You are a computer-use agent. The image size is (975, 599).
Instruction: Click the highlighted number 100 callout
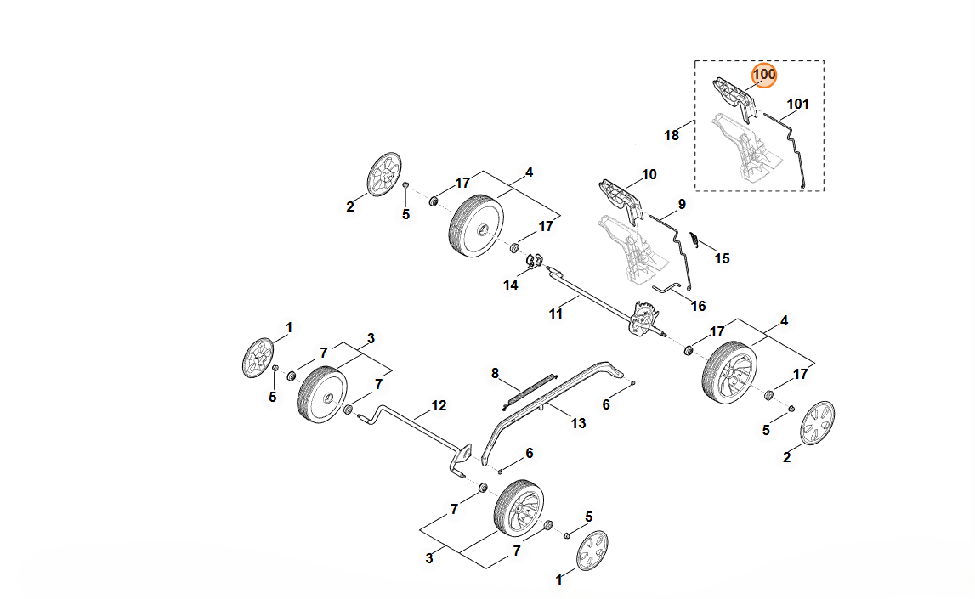764,75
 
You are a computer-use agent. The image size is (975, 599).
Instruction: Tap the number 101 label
797,105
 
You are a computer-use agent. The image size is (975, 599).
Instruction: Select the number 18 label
672,135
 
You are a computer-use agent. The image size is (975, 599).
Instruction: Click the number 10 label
649,175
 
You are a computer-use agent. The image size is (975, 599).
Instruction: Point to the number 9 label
681,204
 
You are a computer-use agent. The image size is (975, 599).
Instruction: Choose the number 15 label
722,258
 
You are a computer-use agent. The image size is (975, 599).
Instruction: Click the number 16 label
698,306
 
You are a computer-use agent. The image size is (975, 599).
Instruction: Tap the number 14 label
510,285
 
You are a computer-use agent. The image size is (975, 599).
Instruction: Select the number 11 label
555,314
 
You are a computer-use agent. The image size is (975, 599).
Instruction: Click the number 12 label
439,406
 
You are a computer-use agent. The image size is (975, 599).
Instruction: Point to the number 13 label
578,423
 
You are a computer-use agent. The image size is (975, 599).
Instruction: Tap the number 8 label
495,373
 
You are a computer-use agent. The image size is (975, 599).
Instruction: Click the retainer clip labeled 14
534,259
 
